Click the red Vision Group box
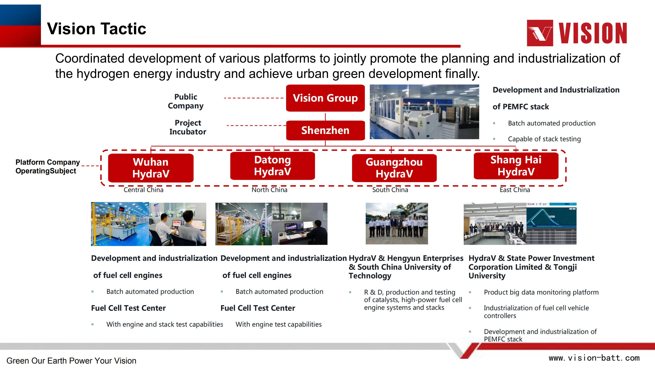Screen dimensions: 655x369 point(325,98)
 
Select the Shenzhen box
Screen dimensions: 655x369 point(325,130)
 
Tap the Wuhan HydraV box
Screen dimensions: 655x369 point(151,168)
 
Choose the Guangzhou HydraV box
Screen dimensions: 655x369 point(394,168)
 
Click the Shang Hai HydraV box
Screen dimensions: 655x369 point(516,166)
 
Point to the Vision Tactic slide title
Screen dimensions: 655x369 point(97,28)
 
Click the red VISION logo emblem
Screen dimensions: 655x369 point(540,33)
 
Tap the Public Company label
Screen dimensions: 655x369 point(186,101)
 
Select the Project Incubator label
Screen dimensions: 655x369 point(188,127)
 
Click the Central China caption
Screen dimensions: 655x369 point(144,190)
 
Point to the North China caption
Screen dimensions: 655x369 point(269,190)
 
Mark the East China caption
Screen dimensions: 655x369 point(515,190)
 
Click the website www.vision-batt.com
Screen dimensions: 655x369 point(594,358)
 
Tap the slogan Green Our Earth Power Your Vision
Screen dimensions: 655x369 point(71,361)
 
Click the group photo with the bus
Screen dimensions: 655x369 point(397,224)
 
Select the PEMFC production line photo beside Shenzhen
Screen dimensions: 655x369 point(424,112)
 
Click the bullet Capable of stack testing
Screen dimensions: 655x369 point(544,139)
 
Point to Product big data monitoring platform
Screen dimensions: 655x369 point(541,292)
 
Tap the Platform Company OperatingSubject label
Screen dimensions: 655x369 point(48,167)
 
